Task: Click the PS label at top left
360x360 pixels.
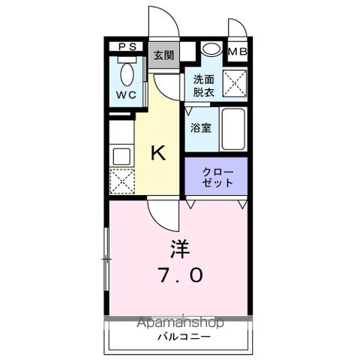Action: tap(127, 47)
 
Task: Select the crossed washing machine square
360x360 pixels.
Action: tap(236, 84)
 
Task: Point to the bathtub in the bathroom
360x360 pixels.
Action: tap(234, 129)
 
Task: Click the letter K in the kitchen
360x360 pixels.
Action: tap(158, 153)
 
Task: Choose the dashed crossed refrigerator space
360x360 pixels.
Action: tap(121, 181)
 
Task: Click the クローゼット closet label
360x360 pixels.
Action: tap(217, 177)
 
